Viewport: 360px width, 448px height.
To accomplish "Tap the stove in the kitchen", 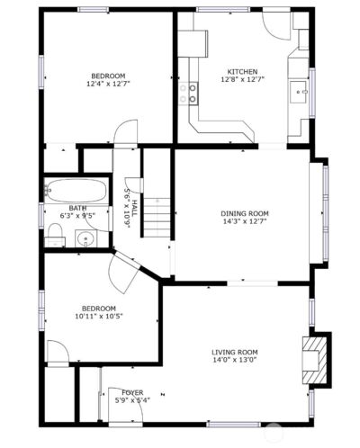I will (x=191, y=91).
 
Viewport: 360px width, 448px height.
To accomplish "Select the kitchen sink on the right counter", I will (x=301, y=90).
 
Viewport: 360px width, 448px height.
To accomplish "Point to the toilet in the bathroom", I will (x=56, y=236).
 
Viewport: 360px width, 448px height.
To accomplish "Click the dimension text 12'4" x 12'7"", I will (x=107, y=85).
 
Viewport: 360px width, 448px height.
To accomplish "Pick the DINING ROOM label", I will (x=245, y=213).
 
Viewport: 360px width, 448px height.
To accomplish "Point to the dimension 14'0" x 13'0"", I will (x=235, y=361).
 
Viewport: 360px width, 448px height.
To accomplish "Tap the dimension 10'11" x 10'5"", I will (x=99, y=316).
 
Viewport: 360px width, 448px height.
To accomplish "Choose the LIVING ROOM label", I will (x=235, y=352).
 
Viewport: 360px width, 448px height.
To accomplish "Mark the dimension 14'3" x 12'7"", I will (x=245, y=222).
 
